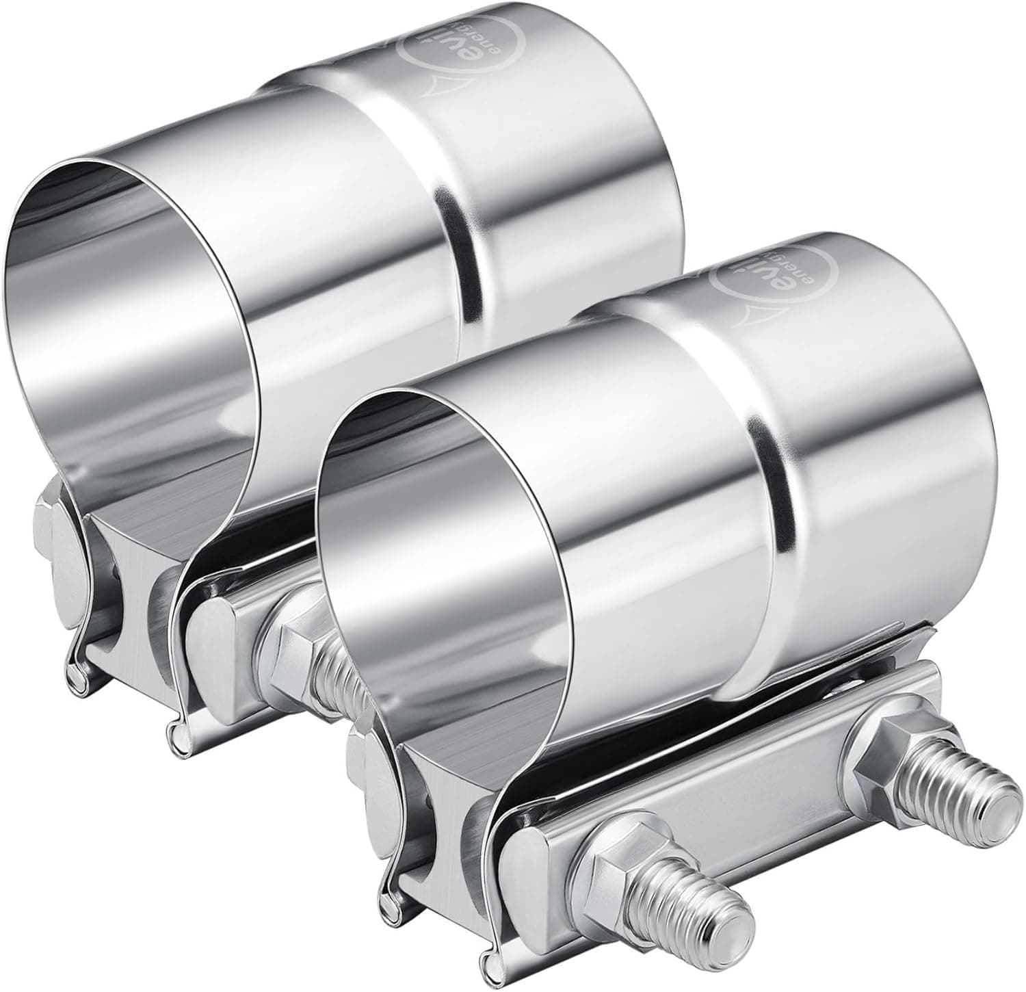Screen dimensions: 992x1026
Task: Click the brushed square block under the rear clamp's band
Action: (x=130, y=582)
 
